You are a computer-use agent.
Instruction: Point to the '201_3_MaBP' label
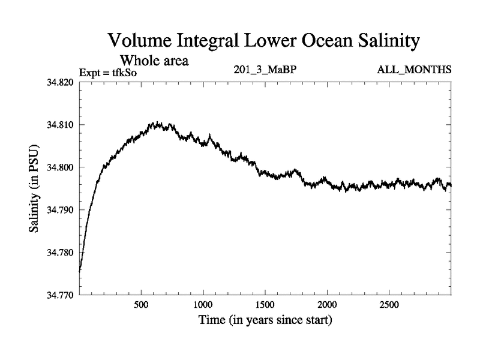[x=265, y=71]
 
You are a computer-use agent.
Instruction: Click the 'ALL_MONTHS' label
[x=414, y=71]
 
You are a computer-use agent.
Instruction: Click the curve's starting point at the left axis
[x=80, y=271]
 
